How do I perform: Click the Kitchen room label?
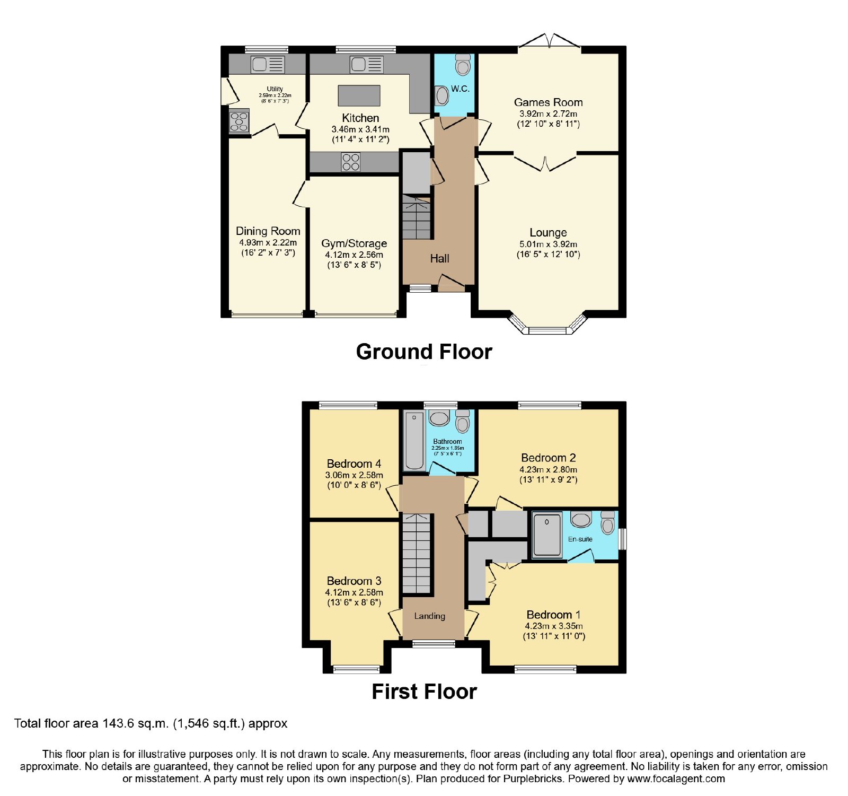tap(360, 118)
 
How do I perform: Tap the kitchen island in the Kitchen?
tap(359, 95)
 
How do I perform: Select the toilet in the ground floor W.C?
tap(463, 65)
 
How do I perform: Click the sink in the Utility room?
tap(268, 65)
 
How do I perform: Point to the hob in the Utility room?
tap(239, 121)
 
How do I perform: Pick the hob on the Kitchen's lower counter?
tap(351, 162)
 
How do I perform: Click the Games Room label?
tap(548, 102)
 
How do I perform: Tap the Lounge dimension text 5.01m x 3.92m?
tap(548, 244)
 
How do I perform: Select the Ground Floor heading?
tap(424, 352)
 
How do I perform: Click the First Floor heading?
tap(424, 692)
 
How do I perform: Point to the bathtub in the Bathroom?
tap(414, 441)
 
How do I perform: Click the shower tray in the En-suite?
tap(546, 535)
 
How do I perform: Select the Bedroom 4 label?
tap(354, 464)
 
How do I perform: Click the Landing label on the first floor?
tap(429, 616)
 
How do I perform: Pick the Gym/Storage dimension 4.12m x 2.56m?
tap(354, 255)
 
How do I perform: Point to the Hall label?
tap(439, 258)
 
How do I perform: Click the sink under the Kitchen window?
tap(366, 65)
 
